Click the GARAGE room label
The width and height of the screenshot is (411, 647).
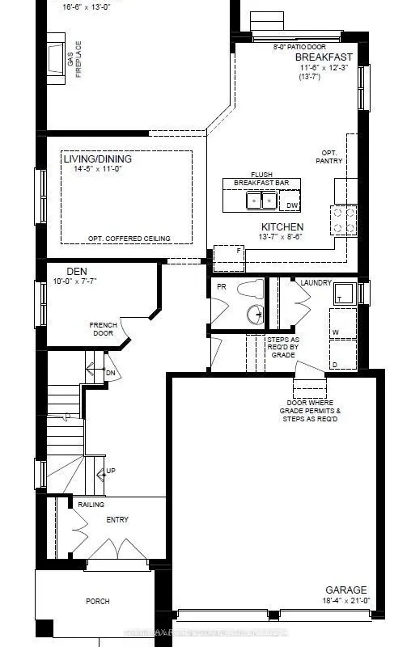(346, 590)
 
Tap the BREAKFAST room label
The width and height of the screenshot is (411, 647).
(324, 57)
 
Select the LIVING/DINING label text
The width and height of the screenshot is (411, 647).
(97, 159)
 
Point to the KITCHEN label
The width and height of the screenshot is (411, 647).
(282, 227)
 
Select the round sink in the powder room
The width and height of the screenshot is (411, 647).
(256, 315)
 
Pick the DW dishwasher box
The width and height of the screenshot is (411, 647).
(292, 205)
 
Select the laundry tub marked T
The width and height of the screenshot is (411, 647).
(340, 296)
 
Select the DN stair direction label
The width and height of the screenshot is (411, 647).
(111, 373)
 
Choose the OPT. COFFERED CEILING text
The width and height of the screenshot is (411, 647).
(129, 239)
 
